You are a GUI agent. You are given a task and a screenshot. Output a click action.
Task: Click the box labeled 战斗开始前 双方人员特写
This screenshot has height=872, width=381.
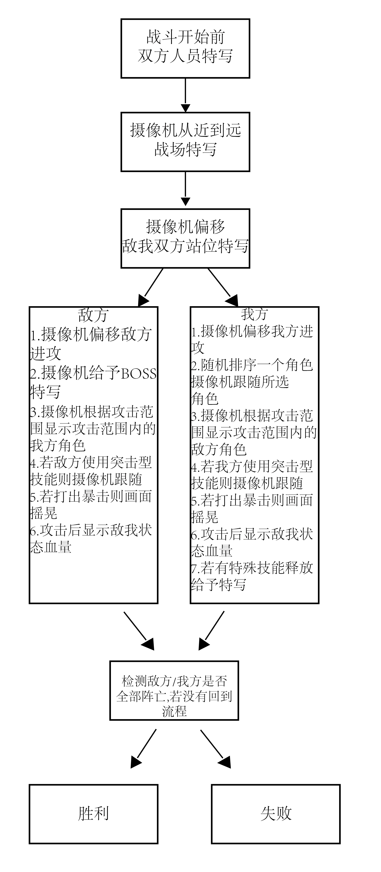[185, 48]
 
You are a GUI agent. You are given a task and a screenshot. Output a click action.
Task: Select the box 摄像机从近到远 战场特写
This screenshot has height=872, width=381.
[185, 142]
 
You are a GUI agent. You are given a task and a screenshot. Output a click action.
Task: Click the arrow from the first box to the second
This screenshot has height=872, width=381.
[185, 95]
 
